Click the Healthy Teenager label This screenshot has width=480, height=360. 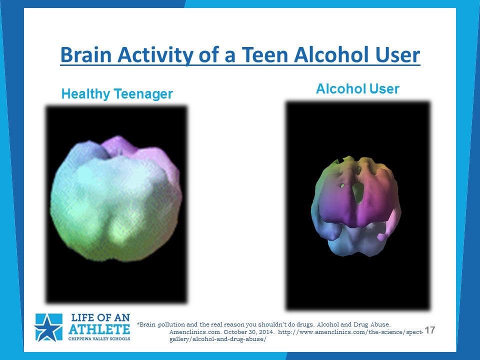pyautogui.click(x=117, y=93)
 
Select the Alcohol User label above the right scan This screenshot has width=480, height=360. pyautogui.click(x=357, y=89)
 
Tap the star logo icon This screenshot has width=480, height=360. pyautogui.click(x=48, y=327)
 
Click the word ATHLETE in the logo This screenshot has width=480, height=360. pyautogui.click(x=99, y=329)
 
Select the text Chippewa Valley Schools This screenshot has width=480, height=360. pyautogui.click(x=99, y=338)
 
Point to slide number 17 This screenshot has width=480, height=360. pyautogui.click(x=430, y=330)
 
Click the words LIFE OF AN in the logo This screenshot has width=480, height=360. pyautogui.click(x=100, y=318)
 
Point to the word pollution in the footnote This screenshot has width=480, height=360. pyautogui.click(x=171, y=324)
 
